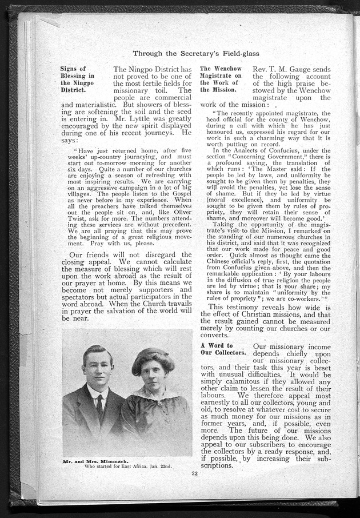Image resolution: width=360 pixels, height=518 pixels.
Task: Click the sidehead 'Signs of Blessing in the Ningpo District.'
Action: tap(78, 79)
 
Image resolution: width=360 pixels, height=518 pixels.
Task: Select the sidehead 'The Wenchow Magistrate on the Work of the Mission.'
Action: tap(221, 79)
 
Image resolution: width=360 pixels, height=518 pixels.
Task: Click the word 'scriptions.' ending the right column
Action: tap(217, 465)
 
